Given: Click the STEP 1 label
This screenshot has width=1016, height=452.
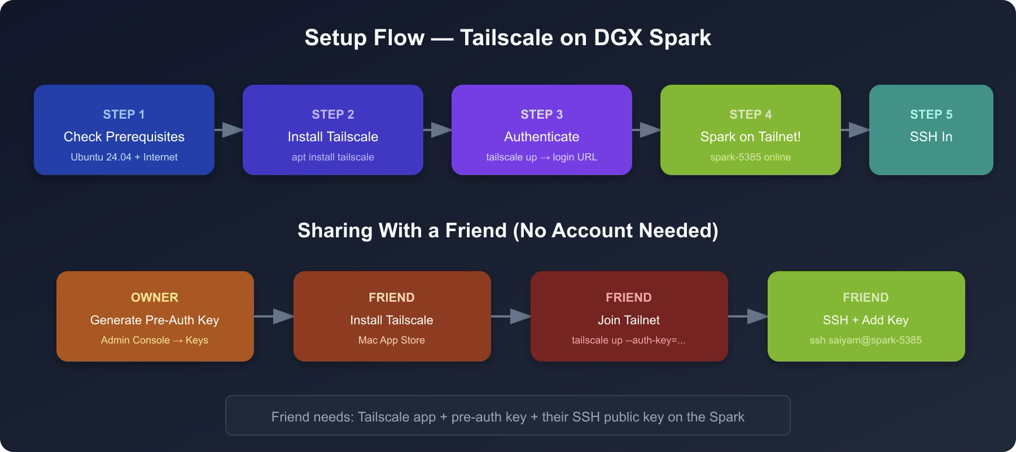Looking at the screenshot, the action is pyautogui.click(x=124, y=114).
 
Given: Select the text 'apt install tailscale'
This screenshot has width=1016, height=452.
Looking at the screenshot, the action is pyautogui.click(x=333, y=157).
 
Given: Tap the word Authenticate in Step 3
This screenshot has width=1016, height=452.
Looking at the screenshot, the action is pyautogui.click(x=542, y=137).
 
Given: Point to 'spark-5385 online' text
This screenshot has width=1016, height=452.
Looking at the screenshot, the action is pyautogui.click(x=751, y=157).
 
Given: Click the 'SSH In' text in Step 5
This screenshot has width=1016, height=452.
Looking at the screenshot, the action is pyautogui.click(x=931, y=137).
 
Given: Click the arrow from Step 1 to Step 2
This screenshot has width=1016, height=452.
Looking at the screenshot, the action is pyautogui.click(x=229, y=130).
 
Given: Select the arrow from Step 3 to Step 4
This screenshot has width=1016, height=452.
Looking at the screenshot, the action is pyautogui.click(x=646, y=130).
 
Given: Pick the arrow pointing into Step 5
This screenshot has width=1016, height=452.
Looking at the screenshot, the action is pyautogui.click(x=855, y=130).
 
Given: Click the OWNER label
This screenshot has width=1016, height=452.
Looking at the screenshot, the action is pyautogui.click(x=155, y=297).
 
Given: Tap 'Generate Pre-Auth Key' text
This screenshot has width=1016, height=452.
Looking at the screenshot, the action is pyautogui.click(x=155, y=320).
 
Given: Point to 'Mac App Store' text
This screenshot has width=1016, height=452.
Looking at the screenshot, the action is pyautogui.click(x=392, y=340).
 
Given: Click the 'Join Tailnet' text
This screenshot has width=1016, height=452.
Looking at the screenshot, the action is pyautogui.click(x=629, y=320).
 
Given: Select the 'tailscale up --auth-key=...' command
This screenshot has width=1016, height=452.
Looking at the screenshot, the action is pyautogui.click(x=629, y=340).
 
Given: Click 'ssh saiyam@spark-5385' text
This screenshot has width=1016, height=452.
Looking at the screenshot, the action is pyautogui.click(x=866, y=340).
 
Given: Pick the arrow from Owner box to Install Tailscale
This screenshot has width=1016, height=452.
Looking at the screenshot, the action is pyautogui.click(x=274, y=316).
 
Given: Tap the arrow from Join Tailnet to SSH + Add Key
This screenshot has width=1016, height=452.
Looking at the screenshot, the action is pyautogui.click(x=748, y=316).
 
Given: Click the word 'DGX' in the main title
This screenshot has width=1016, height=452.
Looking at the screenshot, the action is pyautogui.click(x=618, y=38).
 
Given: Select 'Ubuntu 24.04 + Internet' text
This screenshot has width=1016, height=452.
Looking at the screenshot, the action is pyautogui.click(x=124, y=157).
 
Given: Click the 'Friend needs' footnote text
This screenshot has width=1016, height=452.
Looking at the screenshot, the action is pyautogui.click(x=508, y=417).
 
